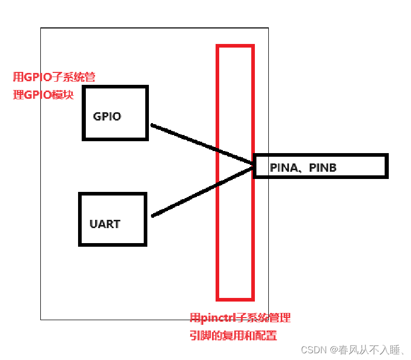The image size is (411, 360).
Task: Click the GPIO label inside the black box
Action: pyautogui.click(x=107, y=116)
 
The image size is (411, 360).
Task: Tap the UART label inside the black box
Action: pyautogui.click(x=104, y=224)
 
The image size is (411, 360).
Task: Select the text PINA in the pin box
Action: pyautogui.click(x=283, y=168)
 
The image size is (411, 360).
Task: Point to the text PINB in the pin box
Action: pyautogui.click(x=323, y=168)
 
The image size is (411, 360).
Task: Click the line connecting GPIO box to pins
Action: pyautogui.click(x=196, y=142)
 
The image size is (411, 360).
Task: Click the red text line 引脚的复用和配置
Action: pyautogui.click(x=233, y=336)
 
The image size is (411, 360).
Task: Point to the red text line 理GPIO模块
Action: pyautogui.click(x=43, y=95)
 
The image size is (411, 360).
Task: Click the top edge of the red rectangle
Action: pyautogui.click(x=235, y=46)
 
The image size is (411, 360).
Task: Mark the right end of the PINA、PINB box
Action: pyautogui.click(x=386, y=166)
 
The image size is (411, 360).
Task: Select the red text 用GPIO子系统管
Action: pyautogui.click(x=54, y=78)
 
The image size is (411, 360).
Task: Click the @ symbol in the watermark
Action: pyautogui.click(x=334, y=350)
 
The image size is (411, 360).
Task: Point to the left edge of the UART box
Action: pyautogui.click(x=80, y=219)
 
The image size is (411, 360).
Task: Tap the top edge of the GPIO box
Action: pyautogui.click(x=115, y=87)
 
